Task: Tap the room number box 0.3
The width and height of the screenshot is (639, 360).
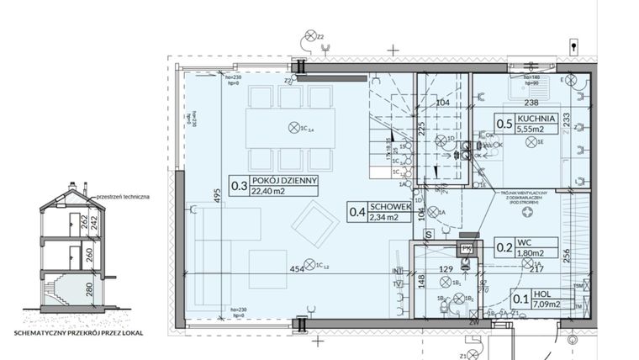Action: pyautogui.click(x=238, y=184)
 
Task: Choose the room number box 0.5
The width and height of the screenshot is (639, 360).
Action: pyautogui.click(x=504, y=125)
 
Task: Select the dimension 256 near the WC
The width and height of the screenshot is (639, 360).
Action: pyautogui.click(x=566, y=255)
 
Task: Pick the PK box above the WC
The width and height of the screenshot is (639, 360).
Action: pyautogui.click(x=464, y=248)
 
